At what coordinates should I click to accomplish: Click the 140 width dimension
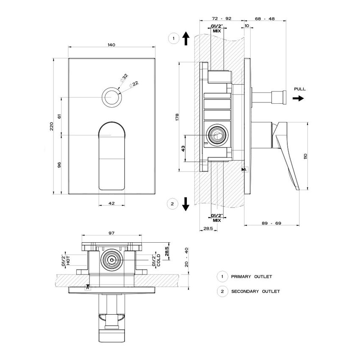[112, 44]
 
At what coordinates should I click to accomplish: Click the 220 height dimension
[52, 126]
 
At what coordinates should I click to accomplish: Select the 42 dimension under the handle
[112, 203]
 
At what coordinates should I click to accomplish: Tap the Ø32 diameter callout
[124, 78]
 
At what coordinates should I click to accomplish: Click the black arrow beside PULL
[298, 98]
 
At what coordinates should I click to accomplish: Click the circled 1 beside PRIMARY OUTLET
[221, 277]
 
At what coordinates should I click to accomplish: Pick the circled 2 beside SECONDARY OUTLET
[221, 291]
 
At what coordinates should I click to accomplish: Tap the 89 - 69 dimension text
[272, 223]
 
